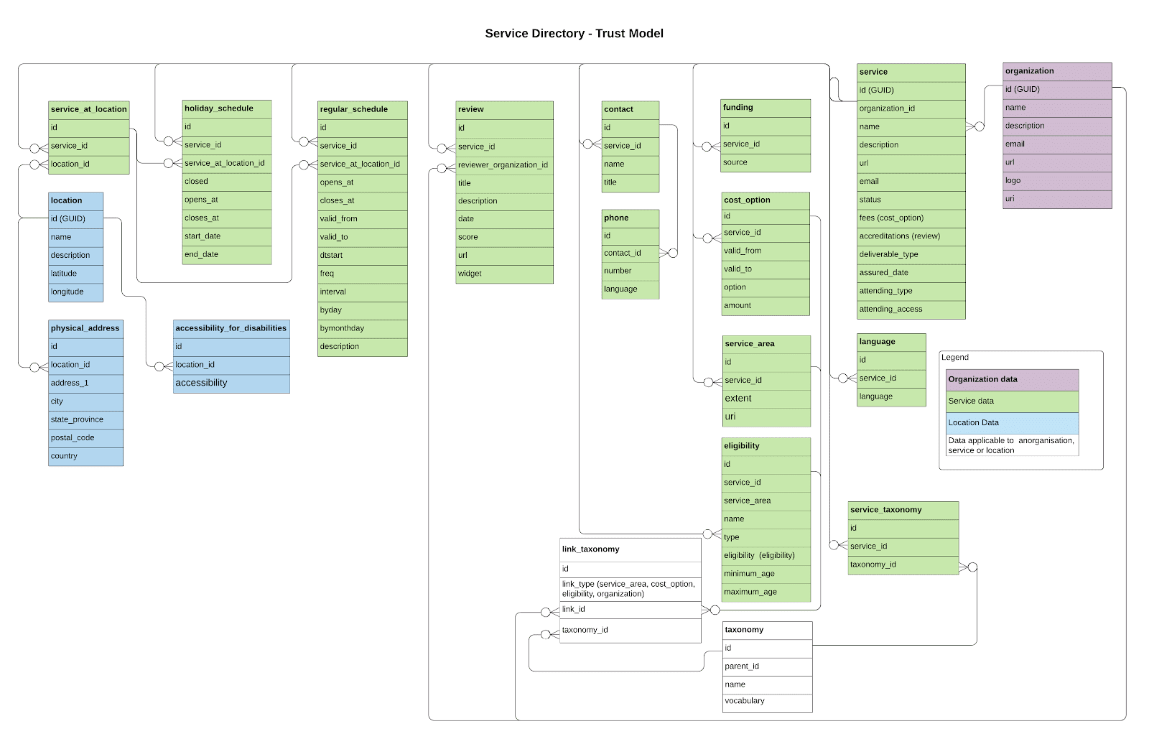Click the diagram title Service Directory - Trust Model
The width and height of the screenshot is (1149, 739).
(x=574, y=33)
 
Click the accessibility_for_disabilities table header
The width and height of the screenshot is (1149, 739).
(x=231, y=328)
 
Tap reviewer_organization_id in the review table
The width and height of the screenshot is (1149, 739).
(x=503, y=165)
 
